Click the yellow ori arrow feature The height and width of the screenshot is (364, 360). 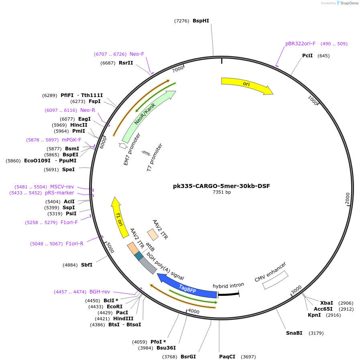[x=246, y=85]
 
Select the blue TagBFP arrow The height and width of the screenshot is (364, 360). [x=187, y=287]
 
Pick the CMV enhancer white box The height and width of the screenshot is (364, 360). [x=275, y=280]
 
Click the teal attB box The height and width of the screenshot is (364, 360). [x=138, y=256]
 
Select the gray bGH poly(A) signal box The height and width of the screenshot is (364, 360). [x=148, y=265]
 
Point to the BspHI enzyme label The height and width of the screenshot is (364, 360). [x=201, y=21]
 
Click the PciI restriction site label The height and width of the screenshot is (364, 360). [x=307, y=56]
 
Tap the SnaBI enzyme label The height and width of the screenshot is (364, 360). [x=294, y=333]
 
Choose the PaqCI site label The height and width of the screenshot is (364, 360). [x=227, y=356]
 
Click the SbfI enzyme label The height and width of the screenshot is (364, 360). [x=87, y=265]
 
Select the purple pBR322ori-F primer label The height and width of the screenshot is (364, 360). [x=300, y=44]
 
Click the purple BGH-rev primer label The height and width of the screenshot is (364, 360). [x=100, y=292]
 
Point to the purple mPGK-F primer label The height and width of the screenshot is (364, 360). [x=71, y=140]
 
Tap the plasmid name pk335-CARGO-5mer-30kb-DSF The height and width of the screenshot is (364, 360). [x=222, y=186]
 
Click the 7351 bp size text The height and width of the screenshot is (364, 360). [x=222, y=192]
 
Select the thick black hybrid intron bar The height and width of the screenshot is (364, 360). [x=228, y=294]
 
